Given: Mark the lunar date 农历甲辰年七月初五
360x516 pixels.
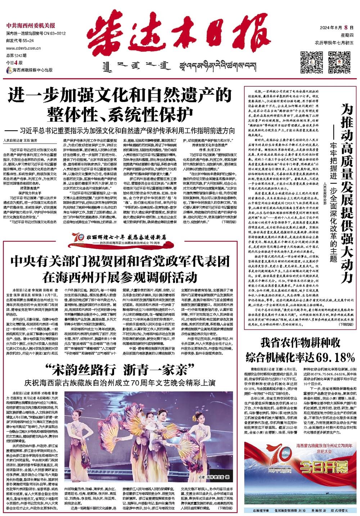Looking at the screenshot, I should coord(334,43).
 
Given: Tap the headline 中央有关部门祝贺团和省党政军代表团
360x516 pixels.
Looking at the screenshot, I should coord(120,261).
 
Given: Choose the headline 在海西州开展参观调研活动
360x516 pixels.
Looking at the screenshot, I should coord(120,277).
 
